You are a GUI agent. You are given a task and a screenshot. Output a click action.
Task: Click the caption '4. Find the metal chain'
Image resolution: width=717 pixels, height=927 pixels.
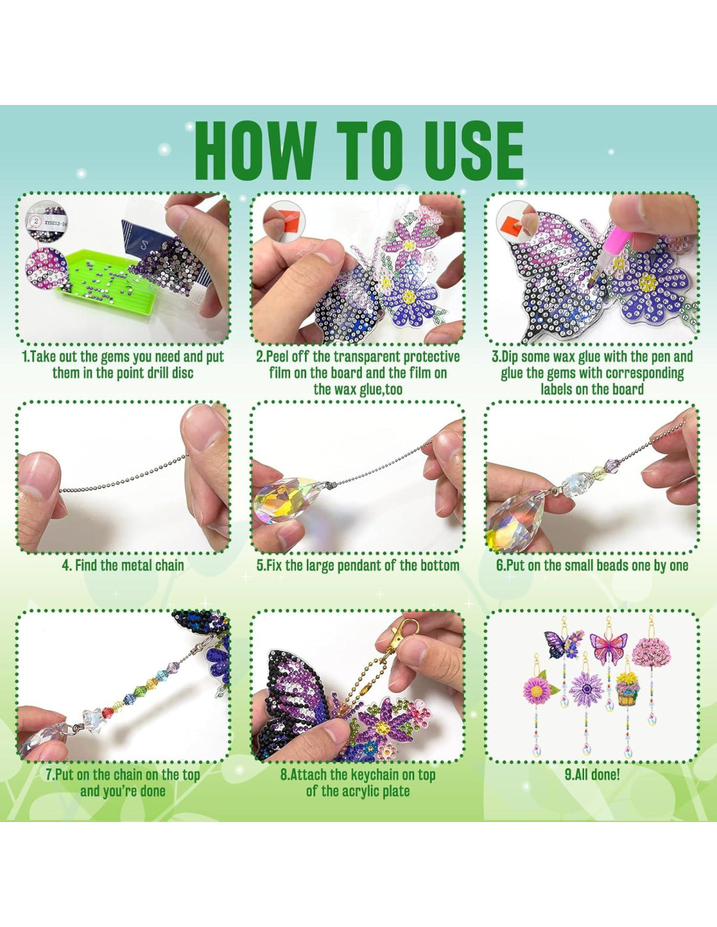click(123, 565)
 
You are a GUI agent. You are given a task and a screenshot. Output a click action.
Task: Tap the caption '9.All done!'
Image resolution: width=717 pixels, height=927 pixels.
click(592, 774)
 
